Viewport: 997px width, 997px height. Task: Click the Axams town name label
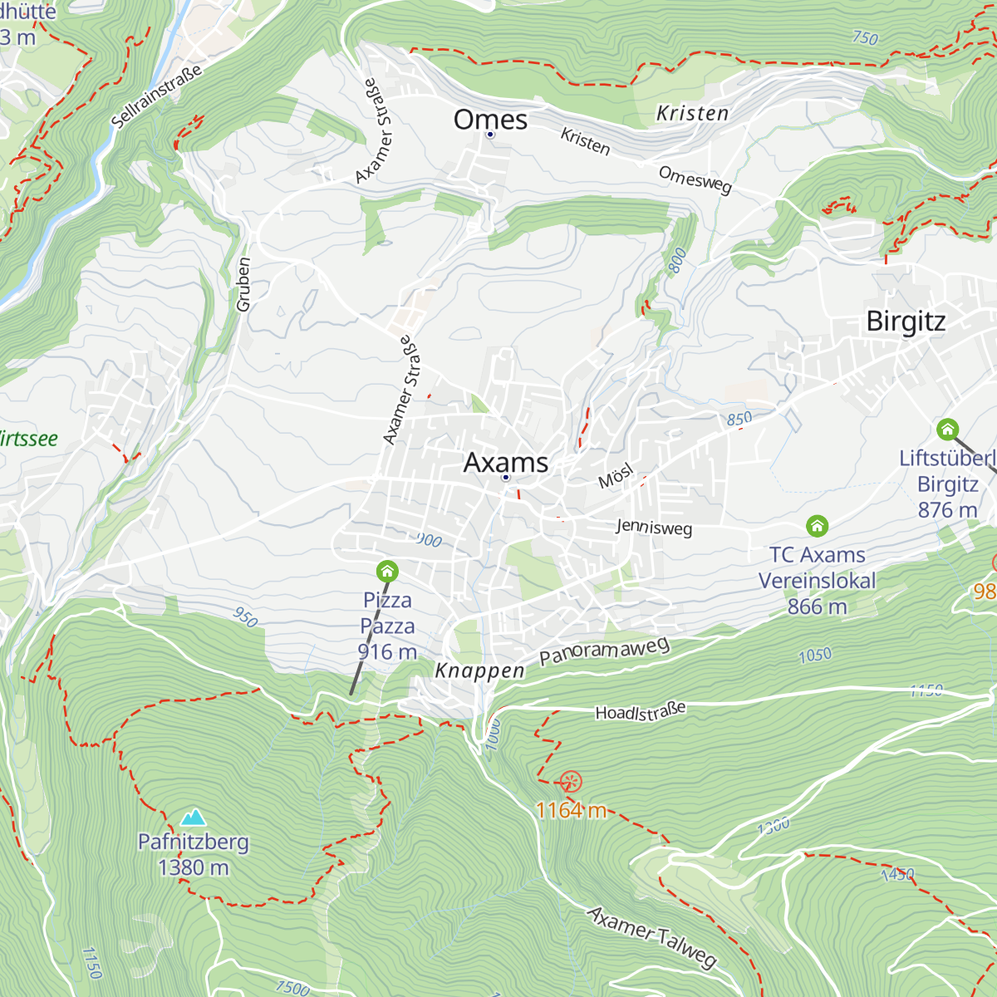[x=506, y=462]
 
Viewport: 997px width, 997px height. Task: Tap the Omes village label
[x=490, y=120]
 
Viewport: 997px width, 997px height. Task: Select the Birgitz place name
[x=906, y=321]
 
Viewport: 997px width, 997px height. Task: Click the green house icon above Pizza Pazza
[x=387, y=572]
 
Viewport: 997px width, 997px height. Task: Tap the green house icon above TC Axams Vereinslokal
[x=817, y=526]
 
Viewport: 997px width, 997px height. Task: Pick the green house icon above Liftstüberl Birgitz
[x=947, y=430]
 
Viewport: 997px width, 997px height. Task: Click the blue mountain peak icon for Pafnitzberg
[x=194, y=818]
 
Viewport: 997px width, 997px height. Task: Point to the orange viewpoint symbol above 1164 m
[x=571, y=782]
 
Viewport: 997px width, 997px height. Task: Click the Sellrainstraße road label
[x=156, y=96]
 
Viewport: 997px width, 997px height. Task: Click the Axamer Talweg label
[x=652, y=937]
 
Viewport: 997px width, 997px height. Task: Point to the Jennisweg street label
[x=654, y=527]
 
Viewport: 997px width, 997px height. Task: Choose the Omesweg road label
[x=695, y=179]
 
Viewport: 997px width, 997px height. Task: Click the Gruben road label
[x=243, y=284]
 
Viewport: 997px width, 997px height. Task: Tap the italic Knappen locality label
[x=480, y=670]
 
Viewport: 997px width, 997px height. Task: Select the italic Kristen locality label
[x=692, y=114]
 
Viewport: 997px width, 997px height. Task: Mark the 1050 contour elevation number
[x=815, y=656]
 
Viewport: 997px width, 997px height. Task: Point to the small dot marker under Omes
[x=490, y=135]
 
